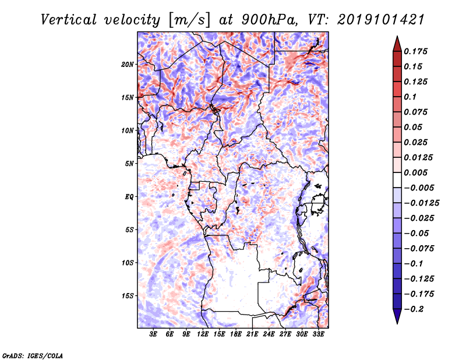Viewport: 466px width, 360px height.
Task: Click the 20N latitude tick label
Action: point(128,64)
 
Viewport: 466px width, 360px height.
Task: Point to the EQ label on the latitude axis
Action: point(129,197)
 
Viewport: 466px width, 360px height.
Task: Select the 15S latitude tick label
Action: point(128,296)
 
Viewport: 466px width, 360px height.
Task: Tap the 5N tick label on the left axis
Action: point(129,164)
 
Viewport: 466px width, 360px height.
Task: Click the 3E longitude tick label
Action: point(153,334)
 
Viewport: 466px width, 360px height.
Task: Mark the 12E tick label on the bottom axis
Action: point(203,334)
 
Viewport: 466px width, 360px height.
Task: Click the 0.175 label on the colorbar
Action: point(417,51)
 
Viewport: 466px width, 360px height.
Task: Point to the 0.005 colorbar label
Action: point(417,172)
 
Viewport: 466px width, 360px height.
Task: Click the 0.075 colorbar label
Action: point(417,112)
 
